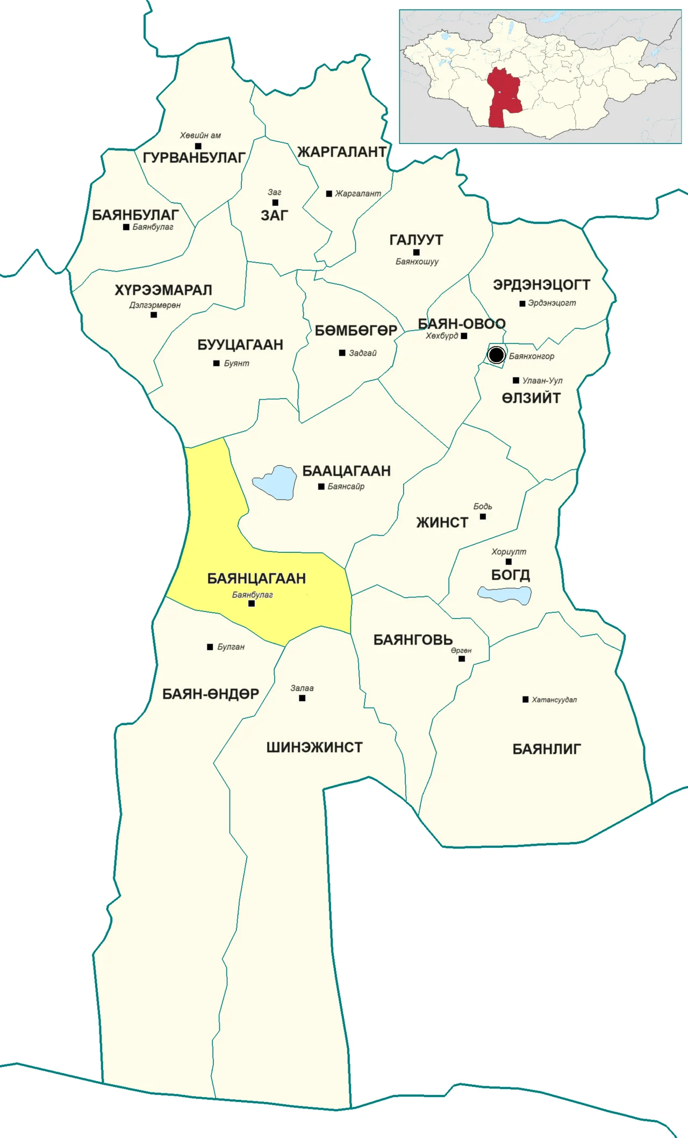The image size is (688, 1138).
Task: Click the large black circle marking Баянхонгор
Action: [x=496, y=355]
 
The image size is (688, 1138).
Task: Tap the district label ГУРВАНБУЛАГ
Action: [x=193, y=158]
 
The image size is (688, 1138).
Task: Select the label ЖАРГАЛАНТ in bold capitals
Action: [x=342, y=152]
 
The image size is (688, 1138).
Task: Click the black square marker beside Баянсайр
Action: [x=321, y=487]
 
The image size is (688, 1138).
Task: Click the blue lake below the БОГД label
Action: [x=505, y=595]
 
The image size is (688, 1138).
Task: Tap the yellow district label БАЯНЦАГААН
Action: [x=256, y=579]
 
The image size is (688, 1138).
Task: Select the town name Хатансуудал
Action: [x=554, y=700]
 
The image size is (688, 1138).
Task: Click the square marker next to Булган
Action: [x=210, y=647]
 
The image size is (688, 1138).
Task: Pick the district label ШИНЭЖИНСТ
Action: [x=314, y=747]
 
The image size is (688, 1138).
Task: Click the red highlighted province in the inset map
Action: [x=503, y=97]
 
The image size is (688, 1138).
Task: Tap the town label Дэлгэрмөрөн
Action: [x=155, y=305]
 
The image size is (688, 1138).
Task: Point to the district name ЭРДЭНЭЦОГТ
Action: [x=541, y=285]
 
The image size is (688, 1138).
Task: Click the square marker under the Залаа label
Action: [x=302, y=698]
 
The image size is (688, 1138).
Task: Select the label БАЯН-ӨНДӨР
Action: [x=211, y=694]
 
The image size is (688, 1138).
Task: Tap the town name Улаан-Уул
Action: [x=542, y=380]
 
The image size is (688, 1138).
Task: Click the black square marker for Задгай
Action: [x=342, y=353]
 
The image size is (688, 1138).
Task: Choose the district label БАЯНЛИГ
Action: [x=547, y=749]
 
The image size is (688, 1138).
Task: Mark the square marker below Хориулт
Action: [x=508, y=562]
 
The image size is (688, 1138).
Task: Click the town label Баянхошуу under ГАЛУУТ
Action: [x=417, y=262]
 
